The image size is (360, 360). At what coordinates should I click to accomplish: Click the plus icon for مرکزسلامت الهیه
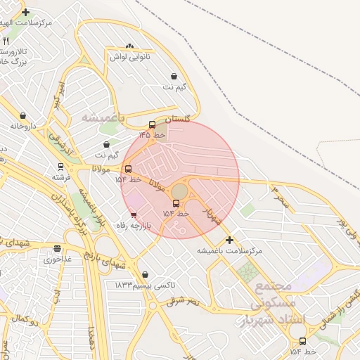pos(26,13)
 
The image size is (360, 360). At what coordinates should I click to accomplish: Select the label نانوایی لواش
pos(129,56)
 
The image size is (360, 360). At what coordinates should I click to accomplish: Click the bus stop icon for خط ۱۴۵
pos(152,125)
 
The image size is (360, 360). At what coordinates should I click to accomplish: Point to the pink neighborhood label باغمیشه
pos(103,117)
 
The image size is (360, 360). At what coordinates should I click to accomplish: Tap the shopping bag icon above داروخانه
pos(23,116)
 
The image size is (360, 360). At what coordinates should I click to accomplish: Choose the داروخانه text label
pos(23,126)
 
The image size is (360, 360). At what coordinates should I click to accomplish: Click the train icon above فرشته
pos(60,167)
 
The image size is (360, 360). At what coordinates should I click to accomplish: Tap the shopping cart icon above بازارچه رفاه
pos(134,216)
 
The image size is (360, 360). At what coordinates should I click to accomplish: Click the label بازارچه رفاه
pos(134,226)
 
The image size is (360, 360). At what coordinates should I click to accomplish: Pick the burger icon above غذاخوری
pos(57,248)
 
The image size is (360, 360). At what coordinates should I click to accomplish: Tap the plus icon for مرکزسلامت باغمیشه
pos(229,240)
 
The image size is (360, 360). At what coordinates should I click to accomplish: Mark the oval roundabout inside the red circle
pos(180,191)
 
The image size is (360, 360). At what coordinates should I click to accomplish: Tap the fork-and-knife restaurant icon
pos(6,41)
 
